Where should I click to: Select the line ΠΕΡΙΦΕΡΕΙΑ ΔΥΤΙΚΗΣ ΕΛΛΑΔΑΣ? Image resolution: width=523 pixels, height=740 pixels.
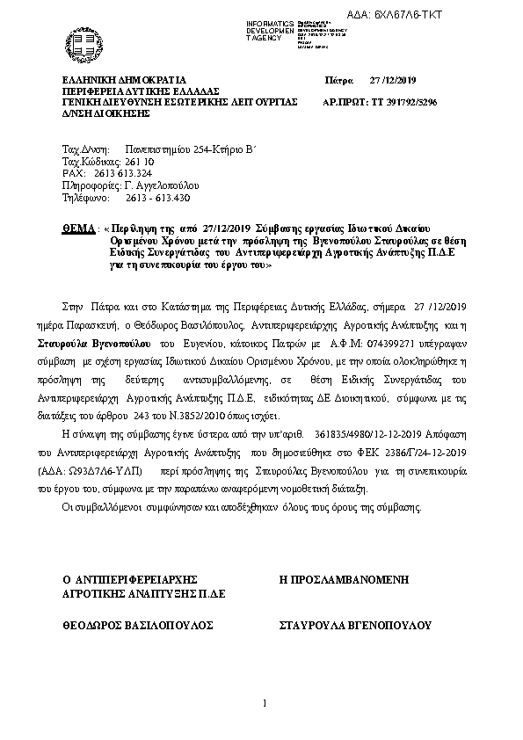[x=140, y=91]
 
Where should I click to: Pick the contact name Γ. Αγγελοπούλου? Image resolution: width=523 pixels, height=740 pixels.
[x=162, y=185]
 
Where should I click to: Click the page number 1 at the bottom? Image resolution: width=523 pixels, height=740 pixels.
[x=264, y=703]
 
